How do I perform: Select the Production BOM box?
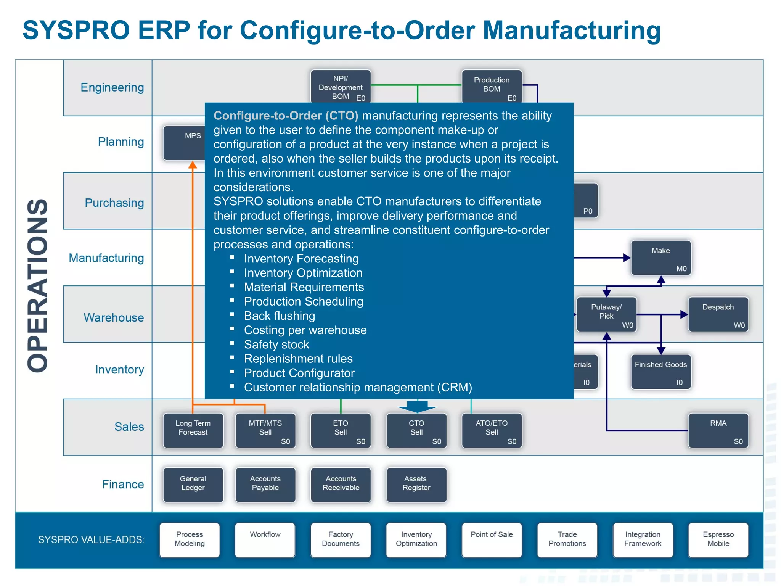492,86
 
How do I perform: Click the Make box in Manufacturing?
660,258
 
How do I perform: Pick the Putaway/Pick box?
606,314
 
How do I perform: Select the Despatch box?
718,314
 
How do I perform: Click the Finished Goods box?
660,372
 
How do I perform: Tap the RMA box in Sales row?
718,430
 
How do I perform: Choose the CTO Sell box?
416,430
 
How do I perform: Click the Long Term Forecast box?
193,430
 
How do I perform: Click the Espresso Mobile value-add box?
718,540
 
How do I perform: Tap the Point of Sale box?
492,540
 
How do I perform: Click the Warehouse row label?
114,317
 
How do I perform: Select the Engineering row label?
112,87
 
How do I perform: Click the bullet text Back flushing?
280,316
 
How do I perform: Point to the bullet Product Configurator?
299,373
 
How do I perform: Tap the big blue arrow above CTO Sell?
417,406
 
